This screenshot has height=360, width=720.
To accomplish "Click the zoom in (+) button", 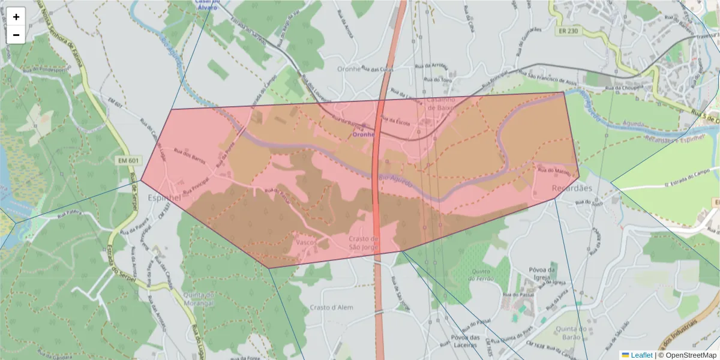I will tap(16, 17).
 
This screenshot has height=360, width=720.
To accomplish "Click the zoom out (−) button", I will tap(16, 35).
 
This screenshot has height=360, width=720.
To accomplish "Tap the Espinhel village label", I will tap(164, 197).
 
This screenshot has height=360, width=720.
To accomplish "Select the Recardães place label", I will tap(571, 188).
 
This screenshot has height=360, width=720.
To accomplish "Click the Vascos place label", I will tap(307, 242).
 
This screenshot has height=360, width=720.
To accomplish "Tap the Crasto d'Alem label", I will tap(332, 307).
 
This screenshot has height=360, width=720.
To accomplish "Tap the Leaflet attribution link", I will tap(641, 355).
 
